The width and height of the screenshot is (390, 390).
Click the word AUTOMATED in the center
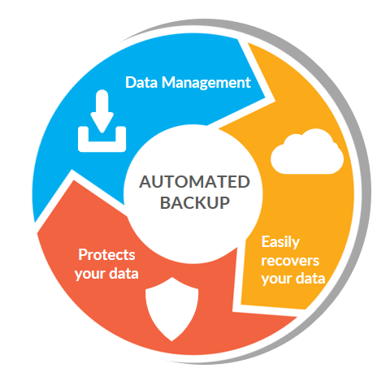(x=194, y=182)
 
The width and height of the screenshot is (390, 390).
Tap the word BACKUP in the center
(x=195, y=202)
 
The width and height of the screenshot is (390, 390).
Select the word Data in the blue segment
(x=141, y=82)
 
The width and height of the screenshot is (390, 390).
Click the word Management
(x=206, y=83)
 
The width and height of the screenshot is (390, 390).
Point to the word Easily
(x=280, y=242)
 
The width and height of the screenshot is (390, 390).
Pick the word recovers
(x=290, y=261)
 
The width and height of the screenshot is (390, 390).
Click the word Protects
(x=106, y=254)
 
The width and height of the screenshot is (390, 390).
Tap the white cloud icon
(x=307, y=151)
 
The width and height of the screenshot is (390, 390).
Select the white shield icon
(x=172, y=309)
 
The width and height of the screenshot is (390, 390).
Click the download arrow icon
(x=102, y=120)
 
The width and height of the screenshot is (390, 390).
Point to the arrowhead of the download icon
(x=102, y=123)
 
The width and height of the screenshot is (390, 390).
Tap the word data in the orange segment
(x=310, y=278)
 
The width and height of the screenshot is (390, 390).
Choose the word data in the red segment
(x=123, y=274)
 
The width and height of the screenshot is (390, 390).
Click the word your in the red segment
(x=90, y=275)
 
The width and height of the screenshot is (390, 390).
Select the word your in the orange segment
(x=276, y=279)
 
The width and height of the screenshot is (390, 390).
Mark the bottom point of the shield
(x=171, y=340)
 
